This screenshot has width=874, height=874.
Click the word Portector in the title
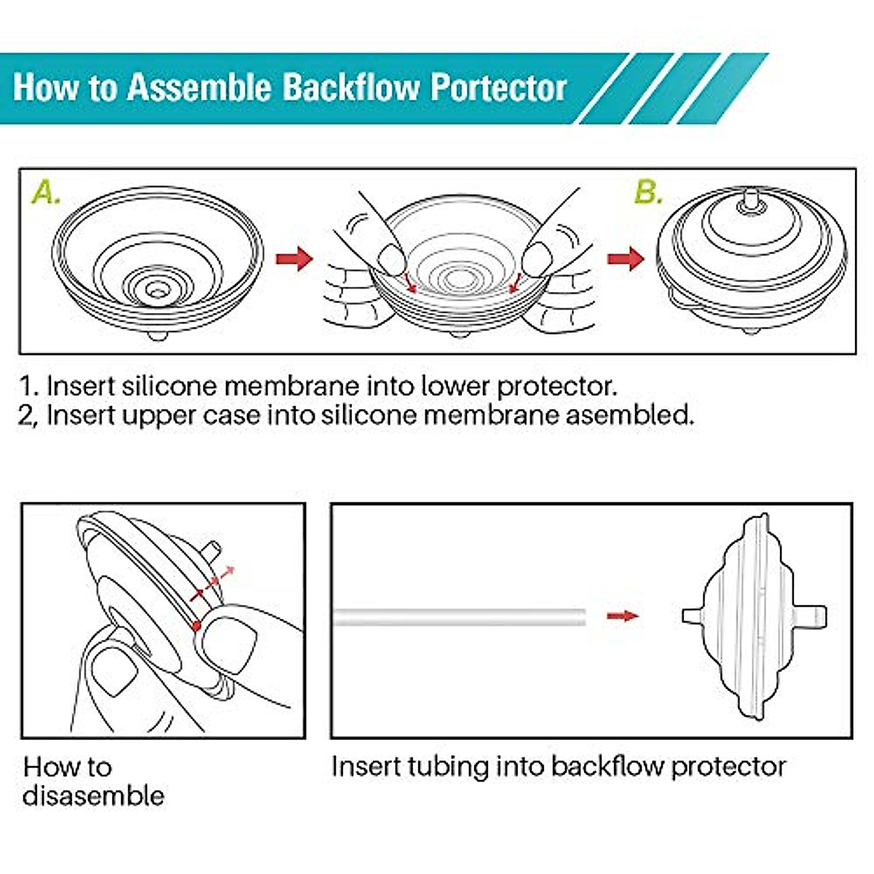tap(498, 87)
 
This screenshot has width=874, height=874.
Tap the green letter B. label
tap(648, 193)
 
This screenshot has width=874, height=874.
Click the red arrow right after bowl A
tap(294, 258)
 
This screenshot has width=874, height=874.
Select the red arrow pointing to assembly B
tap(626, 258)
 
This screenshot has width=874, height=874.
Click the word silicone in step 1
tap(175, 385)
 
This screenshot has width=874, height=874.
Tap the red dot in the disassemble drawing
tap(196, 625)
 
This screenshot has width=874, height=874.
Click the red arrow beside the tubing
tap(623, 616)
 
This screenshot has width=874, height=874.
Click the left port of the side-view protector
tap(690, 616)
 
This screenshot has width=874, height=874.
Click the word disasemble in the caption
tap(93, 795)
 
